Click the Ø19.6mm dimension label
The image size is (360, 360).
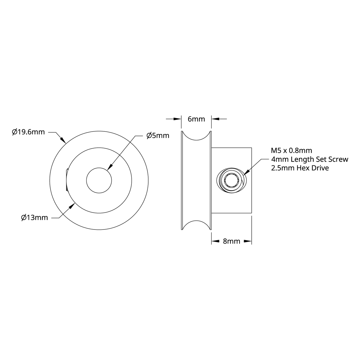point(28,132)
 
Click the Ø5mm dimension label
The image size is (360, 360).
point(158,136)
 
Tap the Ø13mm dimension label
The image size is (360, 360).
point(35,217)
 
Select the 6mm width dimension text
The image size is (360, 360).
point(196,119)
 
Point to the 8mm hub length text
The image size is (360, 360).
point(231,241)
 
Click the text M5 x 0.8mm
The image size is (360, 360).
point(291,150)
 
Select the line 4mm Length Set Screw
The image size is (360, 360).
point(310,159)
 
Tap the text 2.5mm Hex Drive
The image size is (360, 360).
point(300,168)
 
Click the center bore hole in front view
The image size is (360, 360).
point(99,180)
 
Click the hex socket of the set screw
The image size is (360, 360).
point(230,181)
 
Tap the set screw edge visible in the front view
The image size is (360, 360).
point(66,180)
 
